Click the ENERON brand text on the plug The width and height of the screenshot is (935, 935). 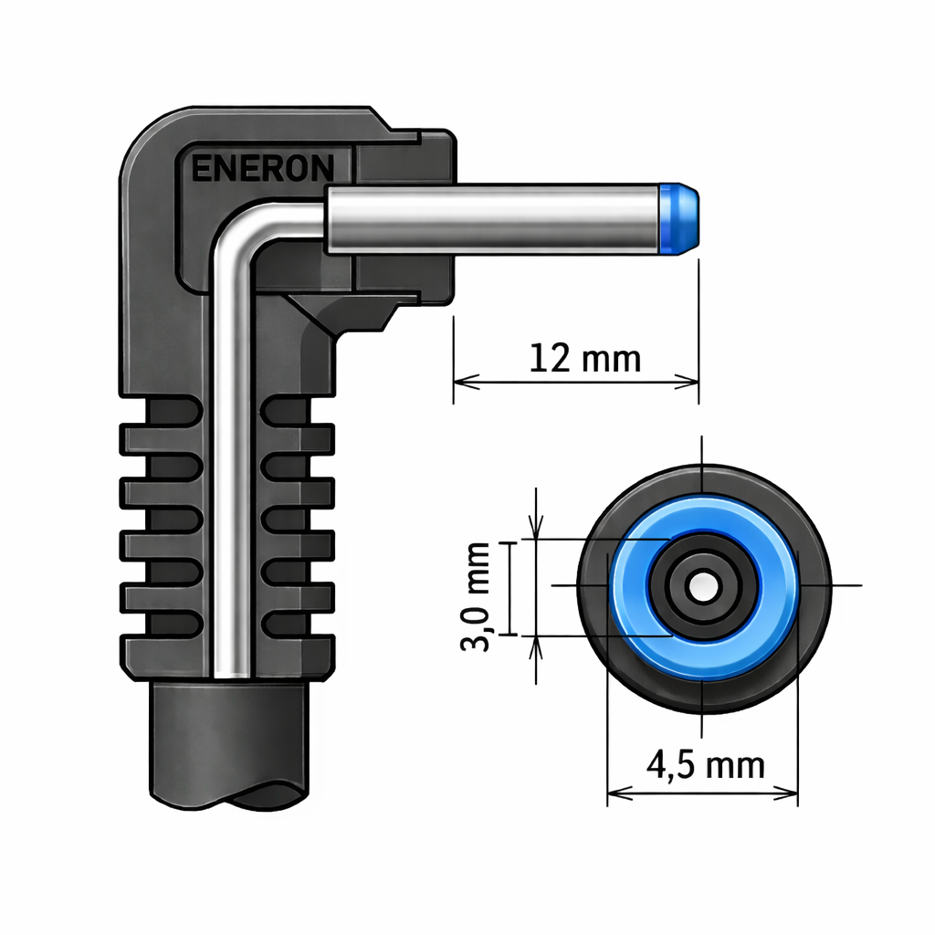(x=262, y=168)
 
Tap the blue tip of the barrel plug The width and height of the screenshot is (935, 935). (x=678, y=219)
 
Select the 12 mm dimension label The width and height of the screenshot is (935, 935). (x=585, y=358)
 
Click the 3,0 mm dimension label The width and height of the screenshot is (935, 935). (x=476, y=596)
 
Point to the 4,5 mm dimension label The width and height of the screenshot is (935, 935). (x=706, y=765)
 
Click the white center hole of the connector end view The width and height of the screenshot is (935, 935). (x=704, y=587)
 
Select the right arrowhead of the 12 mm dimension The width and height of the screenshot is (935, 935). (x=686, y=382)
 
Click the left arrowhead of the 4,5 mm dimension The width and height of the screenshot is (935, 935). (x=620, y=793)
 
